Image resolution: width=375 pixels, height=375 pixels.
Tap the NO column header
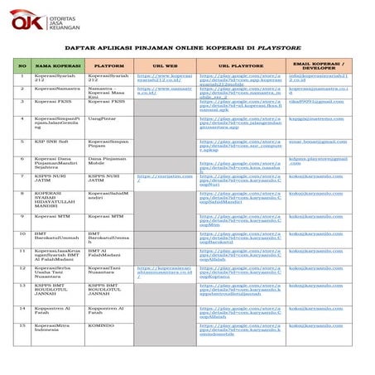point(22,65)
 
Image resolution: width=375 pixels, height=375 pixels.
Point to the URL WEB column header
point(164,65)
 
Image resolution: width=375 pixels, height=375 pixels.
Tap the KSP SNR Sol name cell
point(51,142)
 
